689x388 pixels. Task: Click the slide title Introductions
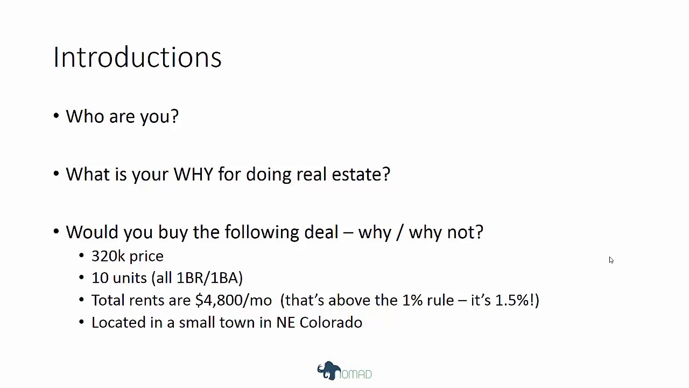coord(137,57)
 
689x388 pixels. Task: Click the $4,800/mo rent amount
coord(234,300)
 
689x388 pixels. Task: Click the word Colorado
coord(331,322)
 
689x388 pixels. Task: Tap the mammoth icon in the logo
coord(328,371)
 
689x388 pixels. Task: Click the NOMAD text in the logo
coord(356,374)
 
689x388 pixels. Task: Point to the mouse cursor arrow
coord(611,260)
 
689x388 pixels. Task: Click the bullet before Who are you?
coord(57,116)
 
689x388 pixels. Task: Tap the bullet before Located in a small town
coord(81,323)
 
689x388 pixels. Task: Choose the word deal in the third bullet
coord(321,232)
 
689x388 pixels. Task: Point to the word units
coord(130,278)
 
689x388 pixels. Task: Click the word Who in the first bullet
coord(85,116)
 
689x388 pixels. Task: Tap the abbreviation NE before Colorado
coord(285,322)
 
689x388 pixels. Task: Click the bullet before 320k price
coord(81,256)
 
